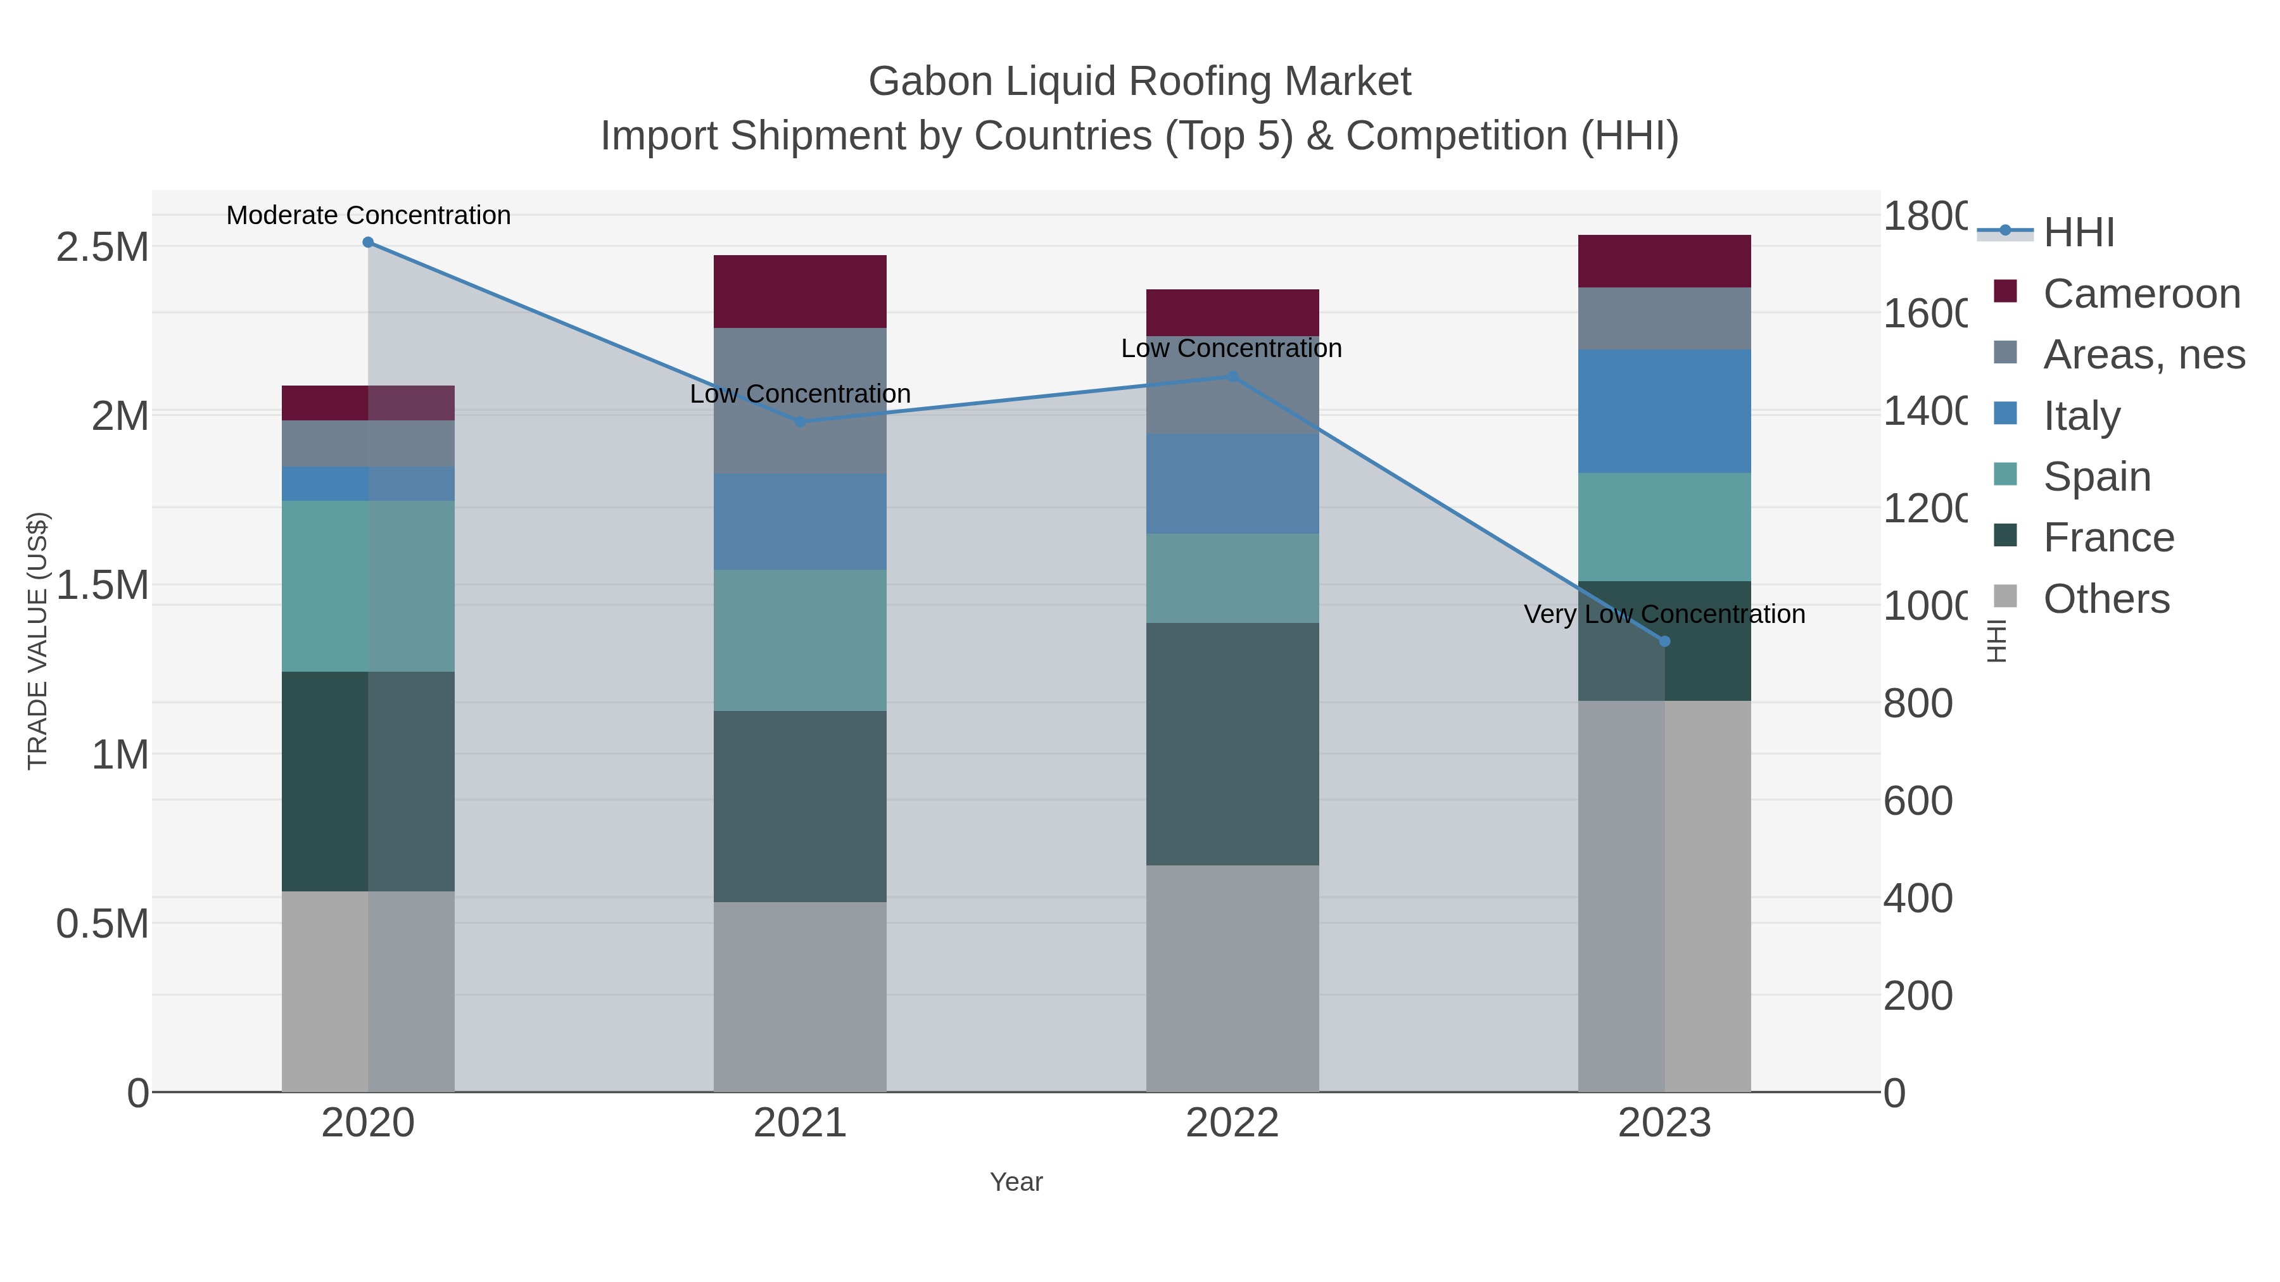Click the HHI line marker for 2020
[x=368, y=242]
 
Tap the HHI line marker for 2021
[x=800, y=422]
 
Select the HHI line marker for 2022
[x=1232, y=377]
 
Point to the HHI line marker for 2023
[x=1664, y=641]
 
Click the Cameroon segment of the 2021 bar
[x=800, y=292]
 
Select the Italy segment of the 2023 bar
[x=1664, y=412]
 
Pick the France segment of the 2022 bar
[x=1232, y=743]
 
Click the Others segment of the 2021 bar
[x=800, y=996]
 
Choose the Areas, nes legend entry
[x=2143, y=354]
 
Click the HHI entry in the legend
[x=2078, y=232]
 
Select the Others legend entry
[x=2106, y=599]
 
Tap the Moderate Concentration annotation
[x=368, y=216]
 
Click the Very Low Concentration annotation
[x=1664, y=614]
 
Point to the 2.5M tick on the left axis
[x=102, y=248]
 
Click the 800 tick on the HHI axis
[x=1917, y=704]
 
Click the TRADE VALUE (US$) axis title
[x=38, y=641]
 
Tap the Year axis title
[x=1016, y=1182]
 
